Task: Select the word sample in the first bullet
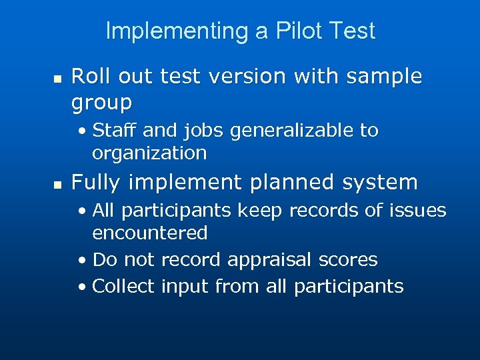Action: coord(390,77)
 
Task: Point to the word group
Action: coord(101,103)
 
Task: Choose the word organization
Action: coord(149,153)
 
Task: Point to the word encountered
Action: coord(150,233)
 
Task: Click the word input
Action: coord(185,287)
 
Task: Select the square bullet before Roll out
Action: coord(57,78)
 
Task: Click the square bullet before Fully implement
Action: coord(57,183)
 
